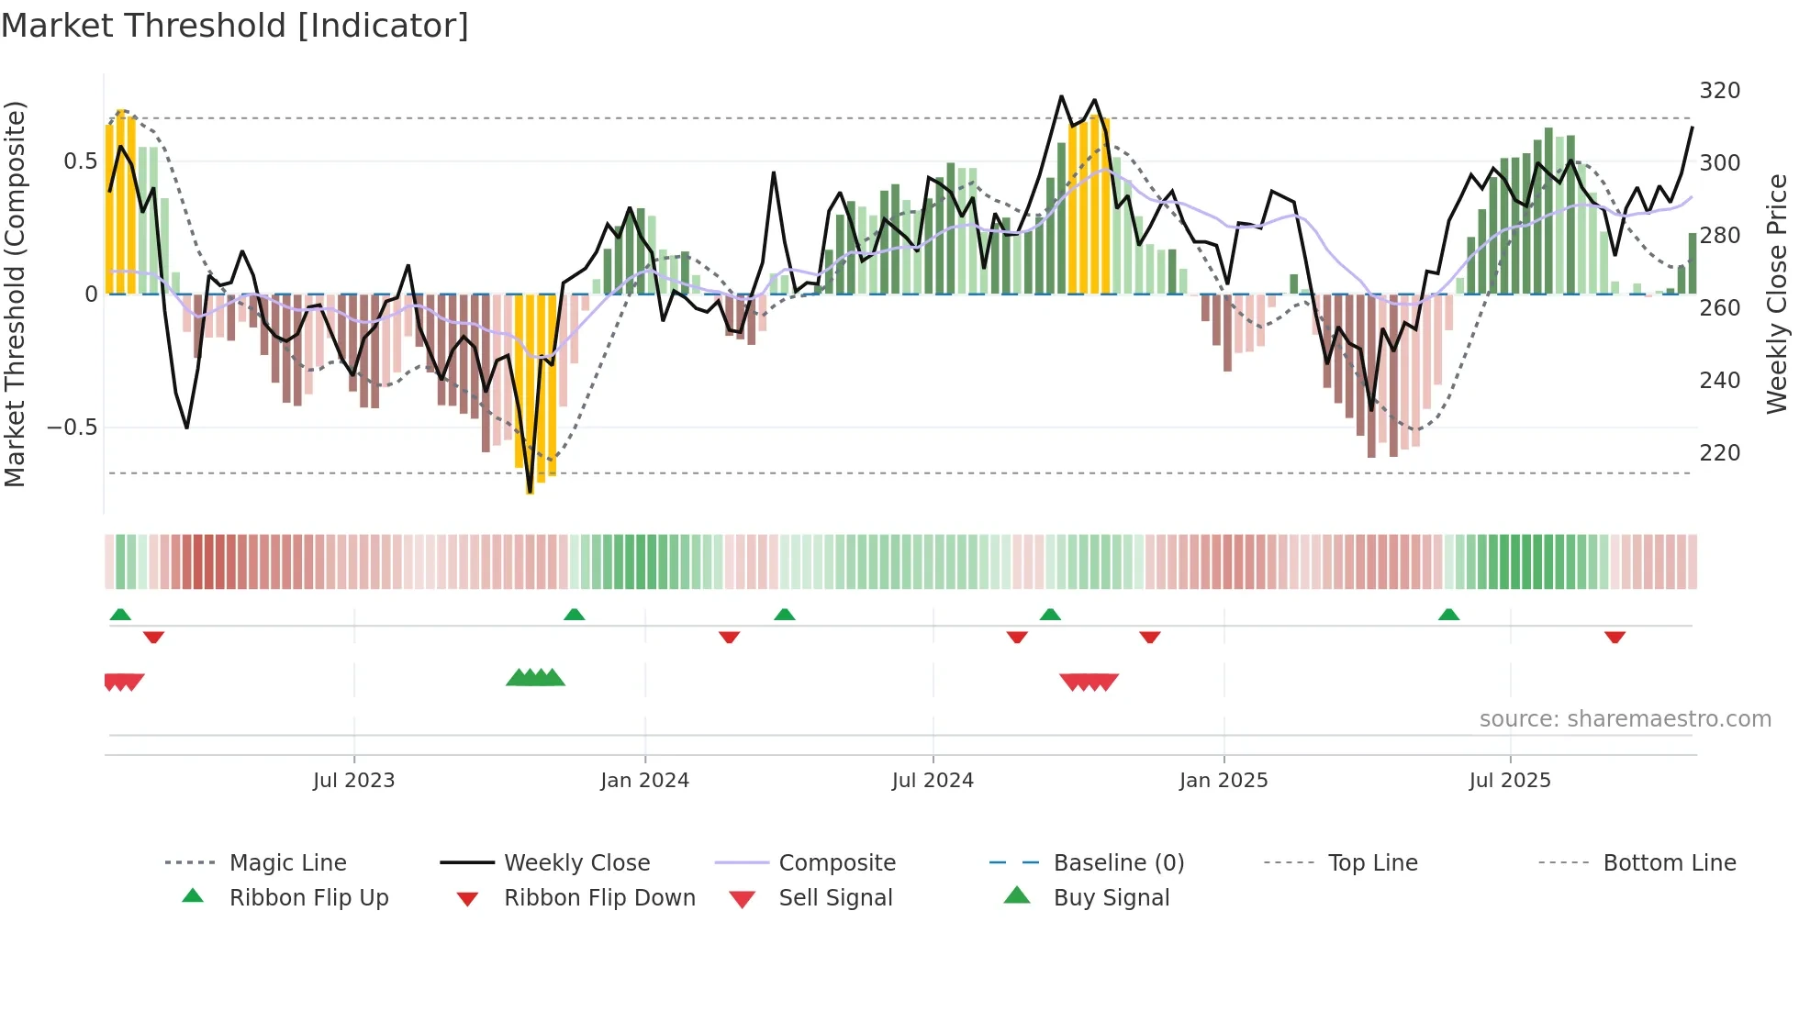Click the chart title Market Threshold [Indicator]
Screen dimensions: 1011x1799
tap(235, 26)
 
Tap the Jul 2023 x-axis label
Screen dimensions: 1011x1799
tap(353, 781)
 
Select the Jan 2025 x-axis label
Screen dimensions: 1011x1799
tap(1223, 781)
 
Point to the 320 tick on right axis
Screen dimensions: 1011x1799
tap(1719, 91)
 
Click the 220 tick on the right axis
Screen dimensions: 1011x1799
tap(1719, 453)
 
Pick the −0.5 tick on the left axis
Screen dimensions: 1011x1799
tap(73, 428)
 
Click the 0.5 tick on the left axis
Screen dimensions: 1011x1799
tap(80, 161)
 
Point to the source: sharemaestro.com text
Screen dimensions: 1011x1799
tap(1625, 719)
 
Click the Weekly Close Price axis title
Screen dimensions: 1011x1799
tap(1777, 294)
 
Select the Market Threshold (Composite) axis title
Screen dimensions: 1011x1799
tap(15, 294)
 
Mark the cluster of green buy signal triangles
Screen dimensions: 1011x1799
tap(535, 678)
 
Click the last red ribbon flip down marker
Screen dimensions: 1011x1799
tap(1615, 637)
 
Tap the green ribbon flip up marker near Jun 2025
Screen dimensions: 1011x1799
tap(1448, 615)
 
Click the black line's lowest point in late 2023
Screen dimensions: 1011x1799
tap(530, 492)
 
